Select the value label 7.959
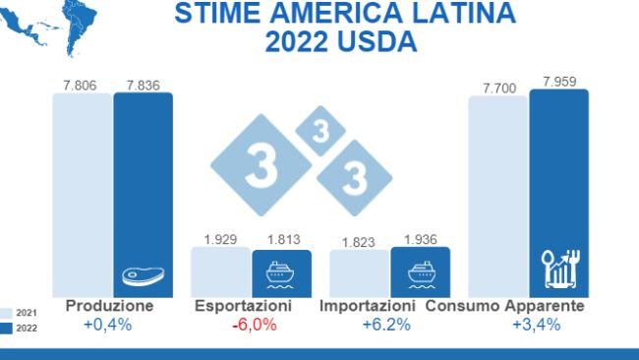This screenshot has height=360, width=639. [559, 81]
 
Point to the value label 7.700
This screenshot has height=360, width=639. [499, 89]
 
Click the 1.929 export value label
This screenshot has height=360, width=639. [220, 239]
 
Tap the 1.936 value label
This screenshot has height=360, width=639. [421, 238]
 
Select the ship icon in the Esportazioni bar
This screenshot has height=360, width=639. [281, 272]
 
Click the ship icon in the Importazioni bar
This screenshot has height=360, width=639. [421, 272]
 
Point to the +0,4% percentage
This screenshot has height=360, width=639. [109, 326]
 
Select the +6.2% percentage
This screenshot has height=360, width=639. [385, 326]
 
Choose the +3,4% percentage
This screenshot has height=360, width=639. [536, 326]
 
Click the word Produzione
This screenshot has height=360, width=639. [109, 307]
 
